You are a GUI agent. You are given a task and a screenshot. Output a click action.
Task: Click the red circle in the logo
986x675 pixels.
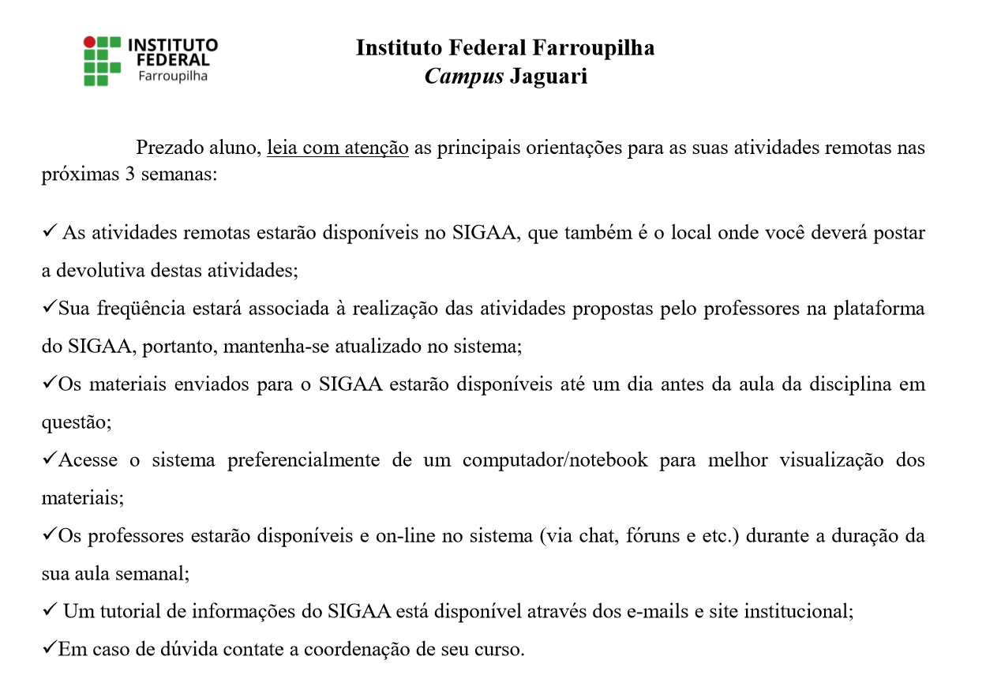[x=90, y=42]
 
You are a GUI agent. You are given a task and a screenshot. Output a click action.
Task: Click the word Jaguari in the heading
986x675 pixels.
[x=549, y=77]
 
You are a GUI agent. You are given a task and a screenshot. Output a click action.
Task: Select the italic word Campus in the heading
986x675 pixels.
[x=463, y=77]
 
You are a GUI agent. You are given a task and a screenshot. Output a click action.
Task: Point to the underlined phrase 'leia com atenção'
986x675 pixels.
[x=337, y=148]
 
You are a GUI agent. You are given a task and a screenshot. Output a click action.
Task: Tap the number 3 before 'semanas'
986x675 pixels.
[x=129, y=175]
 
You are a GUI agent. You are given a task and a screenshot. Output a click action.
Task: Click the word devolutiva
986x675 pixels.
[x=106, y=270]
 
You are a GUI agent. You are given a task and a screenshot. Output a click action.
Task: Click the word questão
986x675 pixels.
[x=76, y=422]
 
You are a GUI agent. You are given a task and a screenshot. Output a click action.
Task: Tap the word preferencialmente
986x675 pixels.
[x=303, y=459]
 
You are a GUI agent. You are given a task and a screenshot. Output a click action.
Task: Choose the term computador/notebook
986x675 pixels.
[x=555, y=459]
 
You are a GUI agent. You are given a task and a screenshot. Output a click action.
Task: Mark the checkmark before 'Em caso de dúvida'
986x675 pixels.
[x=49, y=648]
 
